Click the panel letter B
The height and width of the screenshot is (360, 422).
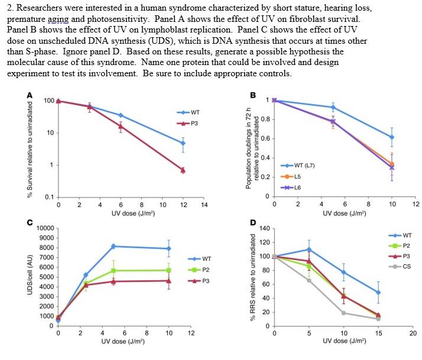[253, 95]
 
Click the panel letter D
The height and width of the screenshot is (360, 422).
[253, 223]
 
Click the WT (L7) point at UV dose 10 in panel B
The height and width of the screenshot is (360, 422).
[391, 137]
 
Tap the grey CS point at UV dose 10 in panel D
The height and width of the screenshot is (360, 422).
[344, 313]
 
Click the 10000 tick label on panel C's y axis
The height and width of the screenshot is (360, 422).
[46, 228]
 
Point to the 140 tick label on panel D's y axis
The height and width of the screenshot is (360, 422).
[264, 228]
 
